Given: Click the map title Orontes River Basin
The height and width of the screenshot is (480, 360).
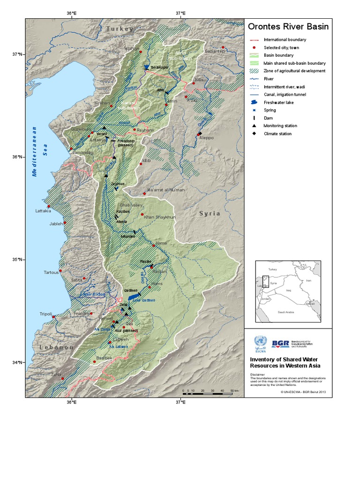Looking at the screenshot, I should point(288,27).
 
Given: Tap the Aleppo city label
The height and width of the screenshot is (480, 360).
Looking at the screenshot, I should point(206,138).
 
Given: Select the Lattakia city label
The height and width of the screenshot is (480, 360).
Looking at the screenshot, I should point(43,211).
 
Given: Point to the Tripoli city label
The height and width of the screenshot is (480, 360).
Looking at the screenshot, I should point(45,314).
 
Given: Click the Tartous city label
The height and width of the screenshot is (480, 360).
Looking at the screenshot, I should point(51,272).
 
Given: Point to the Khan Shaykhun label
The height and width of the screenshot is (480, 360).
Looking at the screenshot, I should point(159,217).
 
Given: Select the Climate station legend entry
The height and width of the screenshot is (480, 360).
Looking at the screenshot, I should point(277,134).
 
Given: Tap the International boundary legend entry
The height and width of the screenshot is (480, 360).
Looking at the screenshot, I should point(285,40).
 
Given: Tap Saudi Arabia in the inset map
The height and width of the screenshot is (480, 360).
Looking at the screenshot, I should point(286,311).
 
